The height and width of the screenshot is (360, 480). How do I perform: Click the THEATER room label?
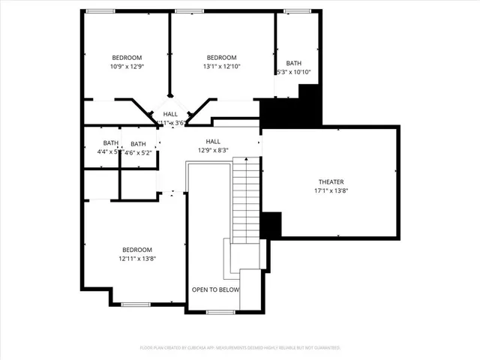[331, 182]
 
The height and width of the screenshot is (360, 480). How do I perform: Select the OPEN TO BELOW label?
[215, 289]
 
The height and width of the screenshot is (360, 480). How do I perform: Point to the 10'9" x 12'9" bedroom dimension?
[127, 67]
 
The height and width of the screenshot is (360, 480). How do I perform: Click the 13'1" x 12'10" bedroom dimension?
[221, 67]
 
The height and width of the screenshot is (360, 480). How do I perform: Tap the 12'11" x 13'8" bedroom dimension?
[137, 259]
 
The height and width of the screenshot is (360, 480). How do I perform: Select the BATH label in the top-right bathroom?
[293, 63]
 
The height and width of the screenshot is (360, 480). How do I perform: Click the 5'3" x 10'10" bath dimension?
[293, 73]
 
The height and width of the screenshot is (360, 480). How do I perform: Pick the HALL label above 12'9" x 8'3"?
[213, 141]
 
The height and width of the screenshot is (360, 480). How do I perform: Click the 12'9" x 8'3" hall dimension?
[213, 150]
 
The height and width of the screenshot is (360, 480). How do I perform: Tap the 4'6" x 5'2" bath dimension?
[138, 152]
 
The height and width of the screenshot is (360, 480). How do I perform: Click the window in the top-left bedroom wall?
[100, 11]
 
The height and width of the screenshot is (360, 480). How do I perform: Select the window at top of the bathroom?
[297, 11]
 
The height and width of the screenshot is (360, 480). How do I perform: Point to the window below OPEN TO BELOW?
[220, 311]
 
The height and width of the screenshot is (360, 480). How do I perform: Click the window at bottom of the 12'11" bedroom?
[136, 304]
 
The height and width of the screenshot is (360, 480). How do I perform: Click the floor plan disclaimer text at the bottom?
[240, 348]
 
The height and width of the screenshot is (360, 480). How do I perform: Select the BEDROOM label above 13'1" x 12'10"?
[221, 58]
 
